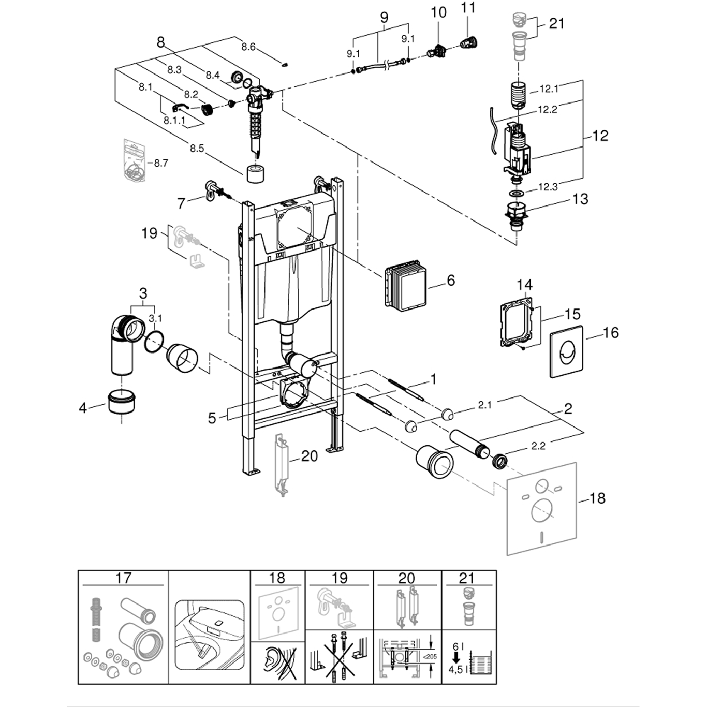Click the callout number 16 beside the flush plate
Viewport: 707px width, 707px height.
click(x=611, y=332)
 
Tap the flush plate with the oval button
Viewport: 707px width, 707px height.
click(x=566, y=352)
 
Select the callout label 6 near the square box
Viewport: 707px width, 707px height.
click(x=451, y=280)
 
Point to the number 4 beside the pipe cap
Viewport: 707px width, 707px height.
click(x=83, y=408)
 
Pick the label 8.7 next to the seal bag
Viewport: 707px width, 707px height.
click(x=160, y=163)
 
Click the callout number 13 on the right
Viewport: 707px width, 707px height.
click(x=580, y=199)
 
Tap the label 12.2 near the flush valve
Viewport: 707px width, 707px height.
click(x=547, y=110)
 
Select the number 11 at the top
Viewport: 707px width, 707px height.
click(x=468, y=9)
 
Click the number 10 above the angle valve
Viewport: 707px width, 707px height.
click(x=438, y=12)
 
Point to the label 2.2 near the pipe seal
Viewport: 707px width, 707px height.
click(x=538, y=446)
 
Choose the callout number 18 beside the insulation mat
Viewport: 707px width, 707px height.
click(x=597, y=498)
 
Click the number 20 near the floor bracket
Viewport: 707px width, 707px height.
click(x=309, y=455)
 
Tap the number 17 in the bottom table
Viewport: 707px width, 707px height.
click(x=123, y=578)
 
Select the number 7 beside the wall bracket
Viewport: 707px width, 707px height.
click(x=181, y=203)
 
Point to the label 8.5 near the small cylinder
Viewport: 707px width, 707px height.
click(x=197, y=149)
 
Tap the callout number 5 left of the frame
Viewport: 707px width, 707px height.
click(x=212, y=418)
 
